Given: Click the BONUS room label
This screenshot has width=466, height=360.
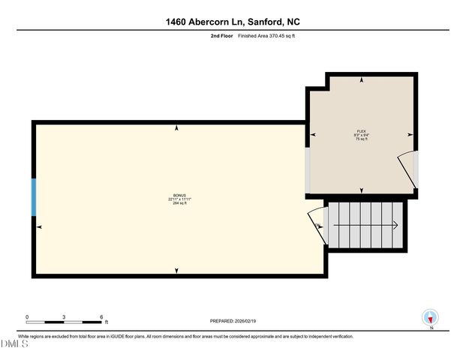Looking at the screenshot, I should point(177,195).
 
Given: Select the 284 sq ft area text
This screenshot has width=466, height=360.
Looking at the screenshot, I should point(177,203).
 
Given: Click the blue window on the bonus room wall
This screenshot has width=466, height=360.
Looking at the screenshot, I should point(33,197).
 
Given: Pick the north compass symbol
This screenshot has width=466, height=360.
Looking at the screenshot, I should point(431,318).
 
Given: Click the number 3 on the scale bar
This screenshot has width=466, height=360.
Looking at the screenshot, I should point(65,316).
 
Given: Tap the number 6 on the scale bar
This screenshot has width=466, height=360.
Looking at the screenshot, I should point(101,316).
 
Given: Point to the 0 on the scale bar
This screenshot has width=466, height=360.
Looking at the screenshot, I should point(27,316).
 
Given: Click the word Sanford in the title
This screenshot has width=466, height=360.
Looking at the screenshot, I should point(257,22).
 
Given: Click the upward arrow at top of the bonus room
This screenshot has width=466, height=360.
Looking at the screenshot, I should point(177,128).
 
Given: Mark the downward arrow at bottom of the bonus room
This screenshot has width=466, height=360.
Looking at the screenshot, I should point(177,270).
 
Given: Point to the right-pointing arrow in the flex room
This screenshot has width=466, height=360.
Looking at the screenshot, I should point(410,135).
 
